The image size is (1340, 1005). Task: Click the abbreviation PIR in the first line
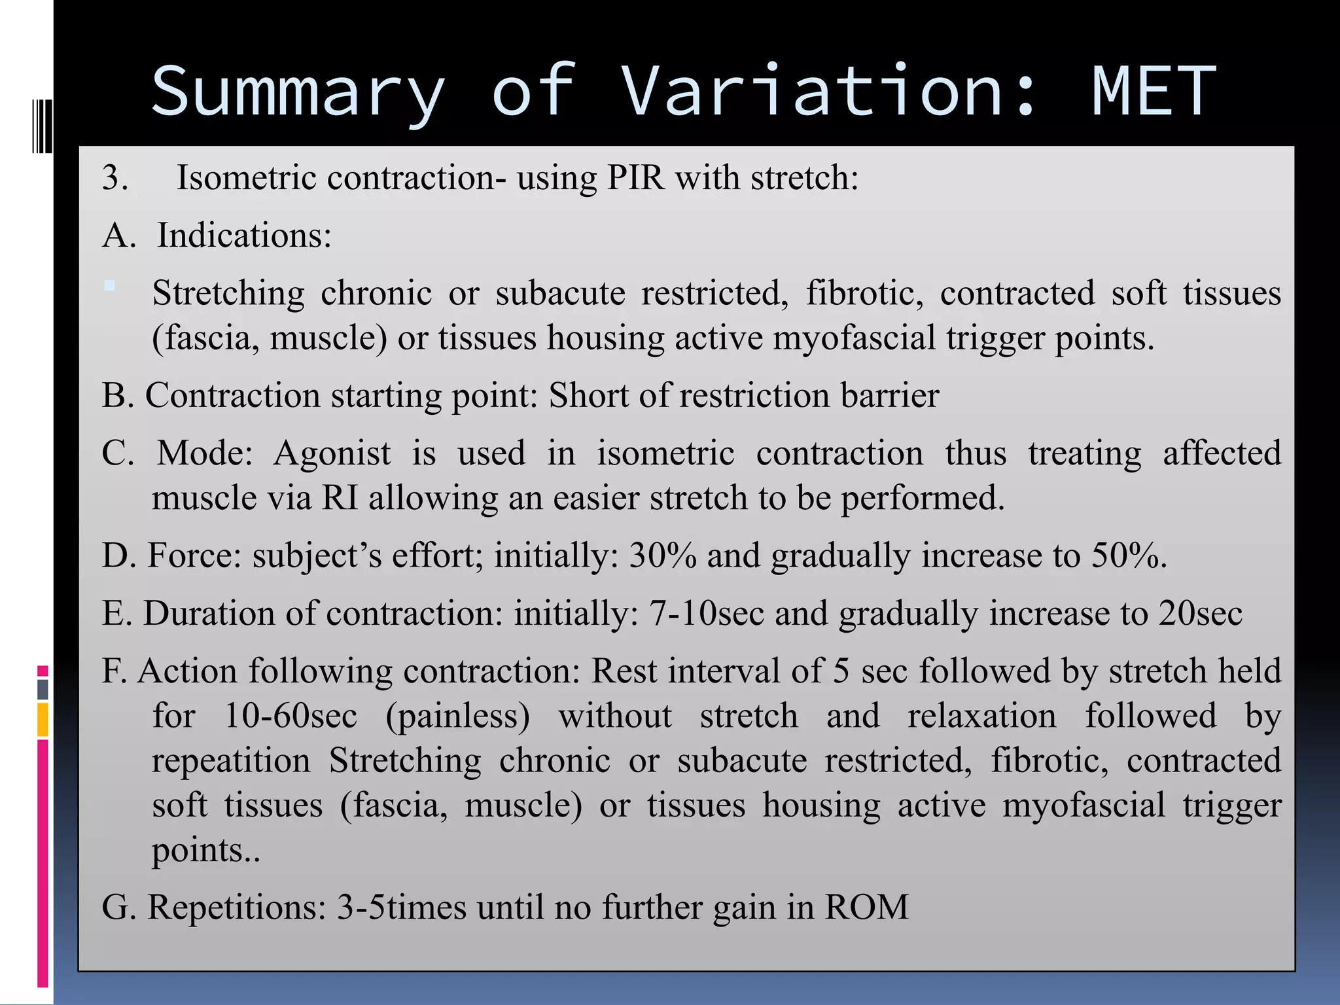tap(635, 178)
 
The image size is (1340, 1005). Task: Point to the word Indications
tap(244, 236)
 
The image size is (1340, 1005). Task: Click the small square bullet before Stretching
tap(109, 286)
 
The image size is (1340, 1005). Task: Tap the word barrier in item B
tap(890, 396)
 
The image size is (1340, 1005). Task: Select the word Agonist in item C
tap(332, 453)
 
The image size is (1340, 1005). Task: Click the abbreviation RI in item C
tap(340, 498)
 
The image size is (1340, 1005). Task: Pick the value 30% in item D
tap(662, 556)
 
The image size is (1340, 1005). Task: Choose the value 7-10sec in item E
tap(707, 614)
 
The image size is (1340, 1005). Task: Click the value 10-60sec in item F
tap(291, 716)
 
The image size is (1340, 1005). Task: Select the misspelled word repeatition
tap(231, 761)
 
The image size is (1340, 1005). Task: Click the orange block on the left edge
tap(43, 720)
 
